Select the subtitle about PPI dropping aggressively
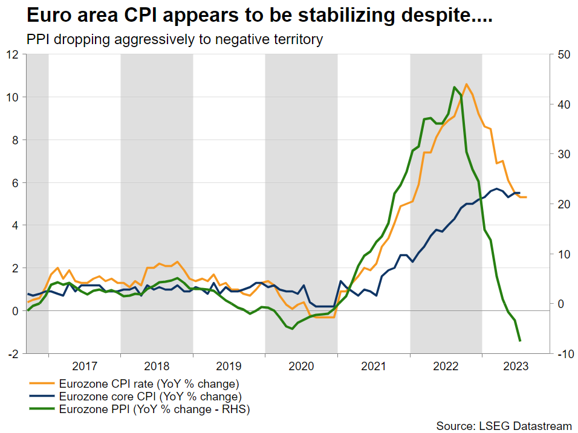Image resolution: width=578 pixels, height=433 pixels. [174, 40]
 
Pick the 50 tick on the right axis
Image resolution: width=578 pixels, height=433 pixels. [563, 54]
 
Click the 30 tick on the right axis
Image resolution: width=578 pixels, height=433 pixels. [563, 154]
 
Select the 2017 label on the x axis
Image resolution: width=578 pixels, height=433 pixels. [85, 366]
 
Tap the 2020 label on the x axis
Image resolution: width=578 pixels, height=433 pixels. [301, 366]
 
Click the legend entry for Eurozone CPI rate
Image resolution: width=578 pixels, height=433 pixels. [149, 383]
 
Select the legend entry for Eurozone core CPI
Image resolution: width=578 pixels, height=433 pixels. [150, 397]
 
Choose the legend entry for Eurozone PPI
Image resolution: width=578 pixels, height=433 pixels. [154, 410]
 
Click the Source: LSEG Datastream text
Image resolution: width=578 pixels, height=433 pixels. [504, 426]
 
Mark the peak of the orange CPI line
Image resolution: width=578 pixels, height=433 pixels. [466, 84]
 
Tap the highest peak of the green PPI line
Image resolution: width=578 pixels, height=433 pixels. [454, 87]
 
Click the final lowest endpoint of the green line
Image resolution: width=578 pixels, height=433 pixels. [520, 341]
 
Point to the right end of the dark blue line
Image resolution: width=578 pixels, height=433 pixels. [520, 193]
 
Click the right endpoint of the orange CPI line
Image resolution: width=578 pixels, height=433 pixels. [526, 197]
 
